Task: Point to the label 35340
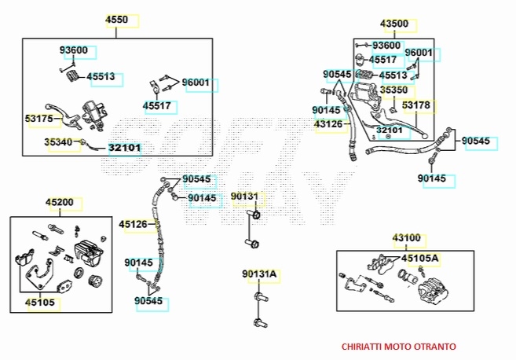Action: (57, 142)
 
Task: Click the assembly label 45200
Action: (60, 203)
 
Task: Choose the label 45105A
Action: (420, 258)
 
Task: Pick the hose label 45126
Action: (133, 225)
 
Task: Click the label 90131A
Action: (259, 274)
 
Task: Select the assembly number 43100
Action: (406, 237)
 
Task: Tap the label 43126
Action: (328, 124)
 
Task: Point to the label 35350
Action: (394, 90)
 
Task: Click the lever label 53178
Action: (416, 105)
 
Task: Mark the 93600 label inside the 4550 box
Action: (74, 50)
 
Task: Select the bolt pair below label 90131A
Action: (258, 310)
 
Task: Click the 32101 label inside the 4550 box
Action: (124, 147)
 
